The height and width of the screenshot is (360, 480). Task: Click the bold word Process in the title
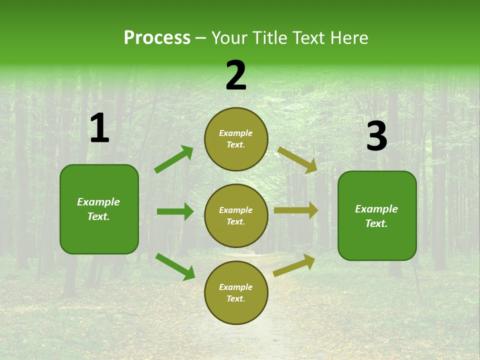157,38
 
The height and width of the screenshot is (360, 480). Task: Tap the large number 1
99,128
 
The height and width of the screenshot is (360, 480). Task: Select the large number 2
236,75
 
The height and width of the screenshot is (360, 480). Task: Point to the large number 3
376,136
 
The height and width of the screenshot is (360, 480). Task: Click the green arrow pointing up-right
173,159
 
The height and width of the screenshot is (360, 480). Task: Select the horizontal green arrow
175,211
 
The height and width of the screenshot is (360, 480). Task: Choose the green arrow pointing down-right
175,266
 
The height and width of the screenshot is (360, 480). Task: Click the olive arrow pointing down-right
297,160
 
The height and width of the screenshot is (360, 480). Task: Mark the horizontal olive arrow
296,210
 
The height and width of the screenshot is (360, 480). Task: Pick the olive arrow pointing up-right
294,265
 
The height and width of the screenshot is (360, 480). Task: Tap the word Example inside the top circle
236,133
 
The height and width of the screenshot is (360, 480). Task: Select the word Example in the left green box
98,202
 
